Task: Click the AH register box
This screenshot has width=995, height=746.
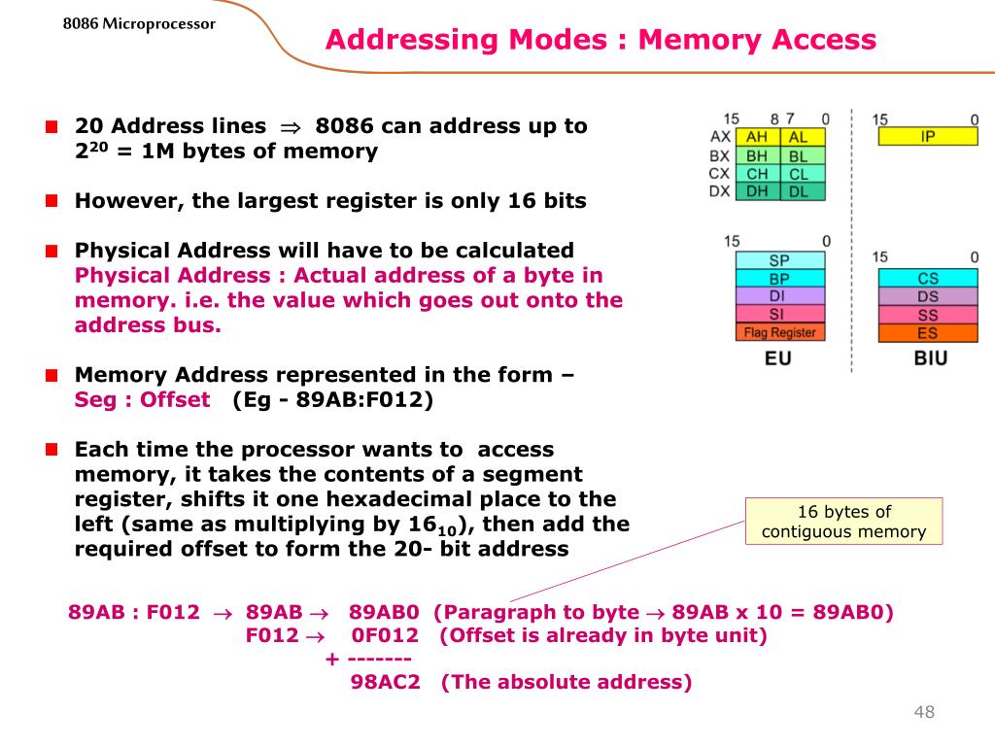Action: (x=757, y=138)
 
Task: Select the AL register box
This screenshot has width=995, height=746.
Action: (x=799, y=138)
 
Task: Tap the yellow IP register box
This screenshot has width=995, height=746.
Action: (x=927, y=137)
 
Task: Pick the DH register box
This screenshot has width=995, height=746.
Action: (x=757, y=192)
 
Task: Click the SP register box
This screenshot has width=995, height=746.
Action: (x=779, y=260)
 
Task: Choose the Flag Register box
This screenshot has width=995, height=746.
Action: (x=779, y=332)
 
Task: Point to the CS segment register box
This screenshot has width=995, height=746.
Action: (x=927, y=279)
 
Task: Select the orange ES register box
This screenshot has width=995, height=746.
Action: (x=927, y=333)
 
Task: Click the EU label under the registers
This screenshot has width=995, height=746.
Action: (x=778, y=358)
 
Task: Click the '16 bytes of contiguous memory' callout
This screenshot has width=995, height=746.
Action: (x=843, y=522)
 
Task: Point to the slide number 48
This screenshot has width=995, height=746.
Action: (x=923, y=713)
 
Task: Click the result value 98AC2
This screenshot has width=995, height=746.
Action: (x=385, y=682)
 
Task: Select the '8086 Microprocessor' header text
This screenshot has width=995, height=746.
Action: (x=139, y=23)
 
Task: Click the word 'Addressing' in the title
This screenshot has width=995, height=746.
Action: (x=412, y=40)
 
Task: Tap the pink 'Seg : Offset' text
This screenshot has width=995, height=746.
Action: (x=142, y=400)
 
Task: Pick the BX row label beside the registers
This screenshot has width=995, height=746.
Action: (x=719, y=155)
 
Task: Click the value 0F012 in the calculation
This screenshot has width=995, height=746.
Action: (x=385, y=636)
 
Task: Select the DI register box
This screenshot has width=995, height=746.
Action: (x=779, y=296)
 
